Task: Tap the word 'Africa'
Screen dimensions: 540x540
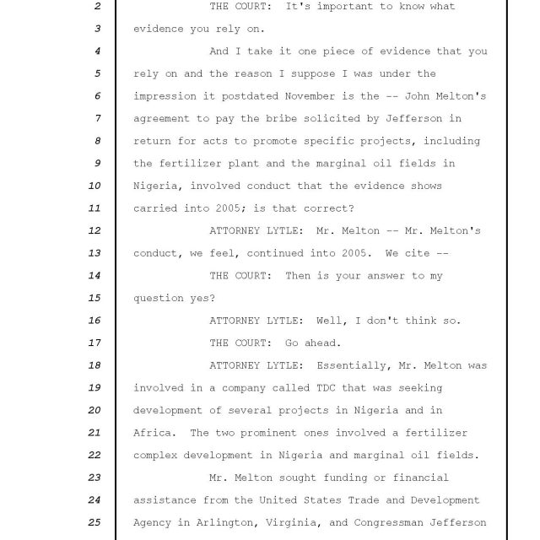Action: coord(153,433)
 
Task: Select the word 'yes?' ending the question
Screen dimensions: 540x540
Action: coord(203,298)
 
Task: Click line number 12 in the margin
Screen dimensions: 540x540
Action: coord(94,230)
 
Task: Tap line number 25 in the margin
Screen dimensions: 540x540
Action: coord(94,522)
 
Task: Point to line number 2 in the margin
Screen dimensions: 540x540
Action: coord(98,7)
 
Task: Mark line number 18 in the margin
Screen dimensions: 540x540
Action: coord(94,365)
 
